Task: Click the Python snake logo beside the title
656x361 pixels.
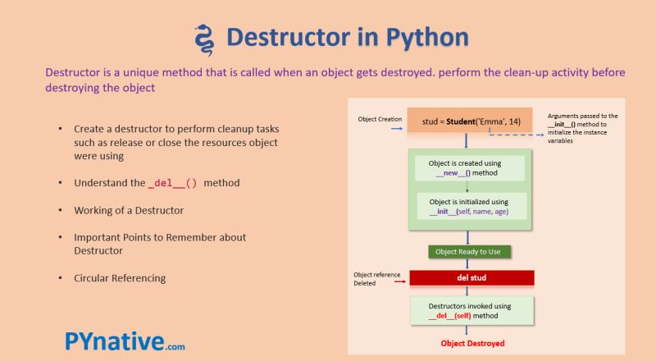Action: click(x=203, y=38)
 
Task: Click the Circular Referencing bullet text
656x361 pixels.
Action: click(x=120, y=278)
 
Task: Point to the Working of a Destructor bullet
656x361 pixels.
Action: click(x=129, y=210)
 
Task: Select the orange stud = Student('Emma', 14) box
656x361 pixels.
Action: click(x=471, y=121)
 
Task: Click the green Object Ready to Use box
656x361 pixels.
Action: click(x=467, y=252)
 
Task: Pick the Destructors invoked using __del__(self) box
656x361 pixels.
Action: click(x=470, y=310)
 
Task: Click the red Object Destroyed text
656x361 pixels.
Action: click(x=472, y=343)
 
